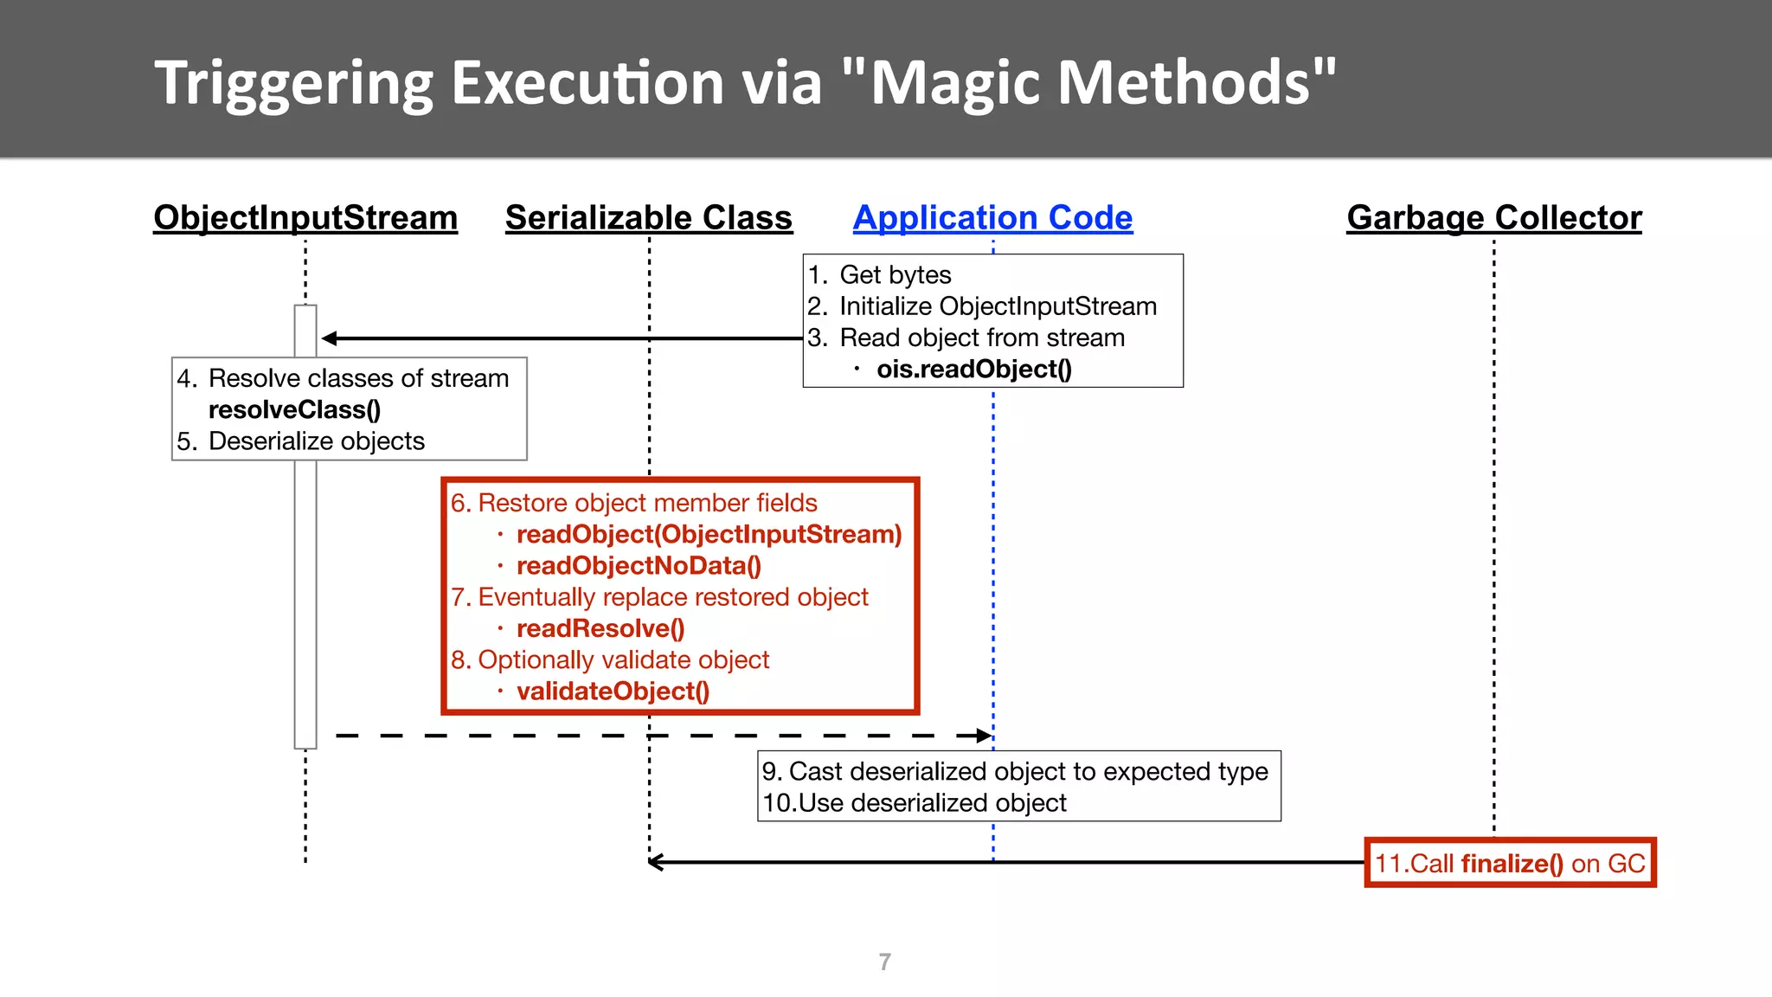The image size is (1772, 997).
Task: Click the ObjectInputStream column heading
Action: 305,218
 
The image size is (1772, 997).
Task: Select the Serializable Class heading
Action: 648,218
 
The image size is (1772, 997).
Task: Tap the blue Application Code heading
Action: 992,218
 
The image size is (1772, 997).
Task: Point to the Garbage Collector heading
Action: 1493,218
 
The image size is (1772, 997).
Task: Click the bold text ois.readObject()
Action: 973,370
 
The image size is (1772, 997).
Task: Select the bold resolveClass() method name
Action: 294,410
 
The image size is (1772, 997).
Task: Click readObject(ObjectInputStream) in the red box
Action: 709,535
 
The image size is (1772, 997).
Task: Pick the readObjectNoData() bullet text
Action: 639,566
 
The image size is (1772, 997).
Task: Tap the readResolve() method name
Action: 600,629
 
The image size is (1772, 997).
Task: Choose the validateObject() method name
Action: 613,691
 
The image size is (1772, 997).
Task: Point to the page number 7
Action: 884,962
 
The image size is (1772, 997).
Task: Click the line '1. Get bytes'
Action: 880,275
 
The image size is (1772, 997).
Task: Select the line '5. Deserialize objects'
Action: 301,441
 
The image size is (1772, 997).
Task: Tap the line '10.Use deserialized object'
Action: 915,803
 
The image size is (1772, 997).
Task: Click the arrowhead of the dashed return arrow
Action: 984,736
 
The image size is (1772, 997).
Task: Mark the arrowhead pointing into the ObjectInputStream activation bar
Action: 329,338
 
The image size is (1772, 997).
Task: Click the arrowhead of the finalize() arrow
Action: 656,862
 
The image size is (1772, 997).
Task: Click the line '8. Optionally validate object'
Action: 609,660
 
